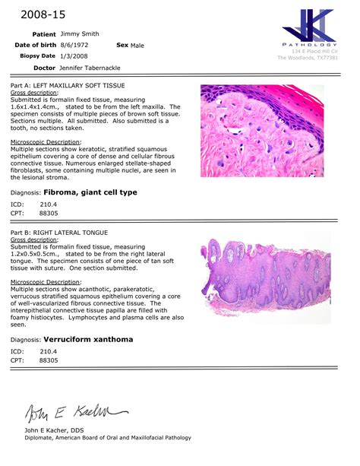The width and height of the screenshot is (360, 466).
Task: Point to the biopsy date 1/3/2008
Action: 74,55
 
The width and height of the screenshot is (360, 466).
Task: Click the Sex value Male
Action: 137,45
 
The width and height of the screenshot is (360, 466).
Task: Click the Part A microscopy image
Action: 261,130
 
